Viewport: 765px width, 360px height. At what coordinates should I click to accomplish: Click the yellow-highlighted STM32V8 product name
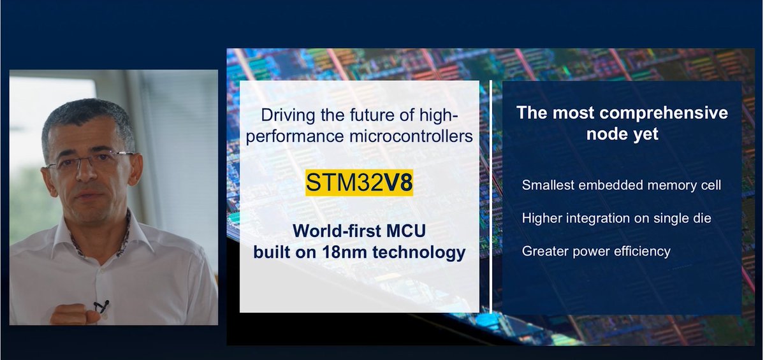click(x=360, y=183)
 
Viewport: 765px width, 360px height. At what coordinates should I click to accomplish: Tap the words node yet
click(x=622, y=134)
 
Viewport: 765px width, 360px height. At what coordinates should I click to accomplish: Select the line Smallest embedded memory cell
click(x=621, y=185)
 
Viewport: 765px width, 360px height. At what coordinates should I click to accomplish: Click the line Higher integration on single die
click(x=616, y=218)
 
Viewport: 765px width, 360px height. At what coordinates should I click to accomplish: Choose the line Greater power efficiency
click(x=595, y=251)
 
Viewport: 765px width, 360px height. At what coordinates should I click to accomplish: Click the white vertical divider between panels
click(x=491, y=198)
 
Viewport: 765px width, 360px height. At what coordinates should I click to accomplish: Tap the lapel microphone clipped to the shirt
click(x=101, y=306)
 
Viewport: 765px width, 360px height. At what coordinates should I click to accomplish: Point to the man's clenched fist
click(x=69, y=313)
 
